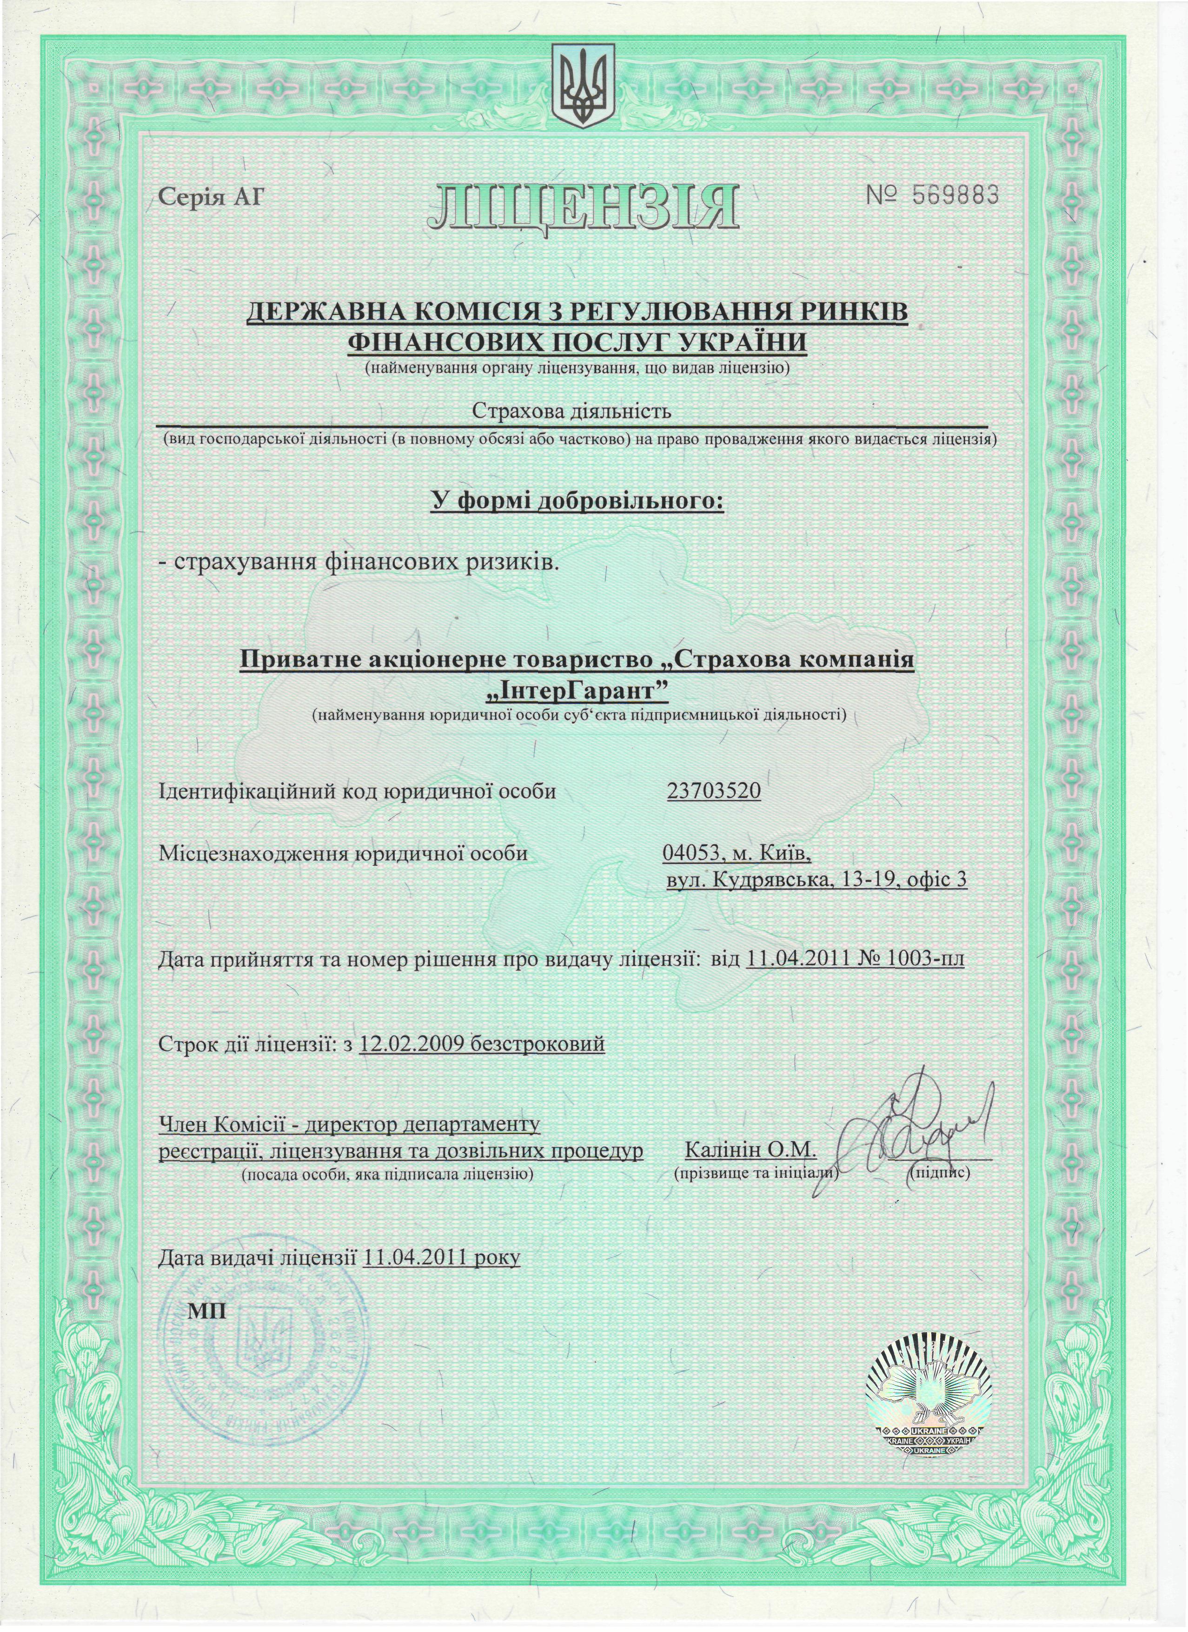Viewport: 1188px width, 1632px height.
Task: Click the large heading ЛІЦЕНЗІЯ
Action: coord(583,207)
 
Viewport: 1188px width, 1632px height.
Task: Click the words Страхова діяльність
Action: coord(571,411)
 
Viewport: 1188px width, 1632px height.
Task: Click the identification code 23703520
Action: coord(714,791)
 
